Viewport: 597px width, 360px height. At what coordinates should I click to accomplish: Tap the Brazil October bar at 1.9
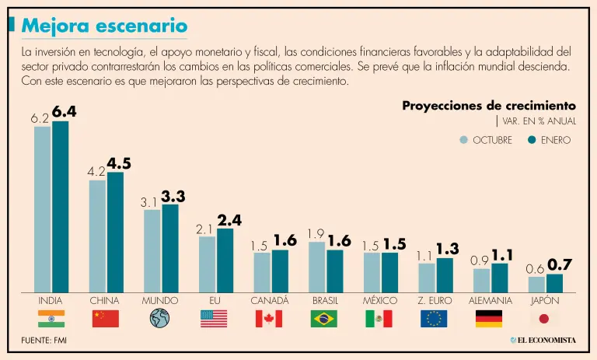click(317, 266)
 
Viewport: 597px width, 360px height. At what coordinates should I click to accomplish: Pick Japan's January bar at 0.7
click(554, 282)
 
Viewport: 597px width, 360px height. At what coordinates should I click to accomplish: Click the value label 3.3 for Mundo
click(174, 196)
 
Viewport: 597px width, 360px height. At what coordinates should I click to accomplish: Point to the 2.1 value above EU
click(204, 229)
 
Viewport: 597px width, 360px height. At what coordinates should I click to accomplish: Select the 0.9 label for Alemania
click(480, 261)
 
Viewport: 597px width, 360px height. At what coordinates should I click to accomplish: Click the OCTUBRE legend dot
click(464, 140)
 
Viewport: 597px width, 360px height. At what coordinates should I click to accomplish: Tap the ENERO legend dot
click(532, 140)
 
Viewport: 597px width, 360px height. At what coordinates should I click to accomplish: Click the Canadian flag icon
click(269, 318)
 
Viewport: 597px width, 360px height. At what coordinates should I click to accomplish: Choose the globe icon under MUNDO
click(159, 318)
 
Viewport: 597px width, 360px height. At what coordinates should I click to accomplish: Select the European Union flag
click(434, 318)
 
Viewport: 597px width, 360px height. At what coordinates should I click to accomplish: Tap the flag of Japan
click(543, 318)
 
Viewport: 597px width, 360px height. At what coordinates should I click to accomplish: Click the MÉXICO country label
click(380, 300)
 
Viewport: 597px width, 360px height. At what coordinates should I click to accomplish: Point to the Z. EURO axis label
click(434, 300)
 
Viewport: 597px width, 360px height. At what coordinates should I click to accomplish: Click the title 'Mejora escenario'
click(104, 26)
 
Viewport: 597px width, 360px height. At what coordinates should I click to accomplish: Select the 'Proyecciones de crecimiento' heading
click(489, 106)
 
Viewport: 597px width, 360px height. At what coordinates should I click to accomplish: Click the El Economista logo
click(543, 341)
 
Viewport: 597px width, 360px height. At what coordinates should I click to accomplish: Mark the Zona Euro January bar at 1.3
click(445, 274)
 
